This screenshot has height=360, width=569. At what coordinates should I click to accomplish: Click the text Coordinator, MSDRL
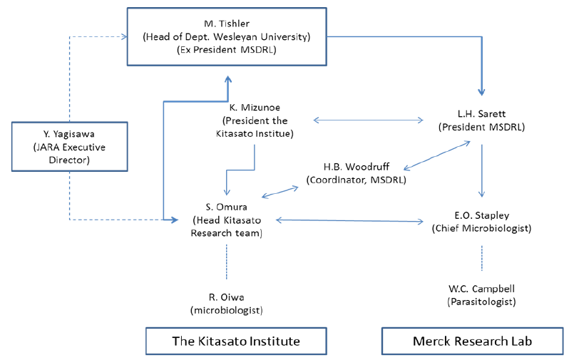356,180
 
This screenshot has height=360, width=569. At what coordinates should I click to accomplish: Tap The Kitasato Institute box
236,341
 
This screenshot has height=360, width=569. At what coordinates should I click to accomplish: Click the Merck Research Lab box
471,341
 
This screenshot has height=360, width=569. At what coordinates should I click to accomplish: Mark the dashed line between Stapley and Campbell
482,258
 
